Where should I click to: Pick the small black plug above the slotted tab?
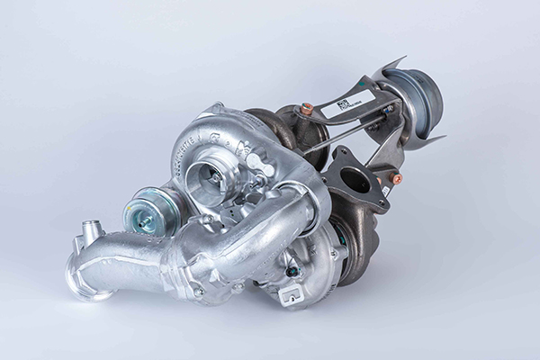[x=289, y=270]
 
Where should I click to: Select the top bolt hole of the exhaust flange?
[x=339, y=154]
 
